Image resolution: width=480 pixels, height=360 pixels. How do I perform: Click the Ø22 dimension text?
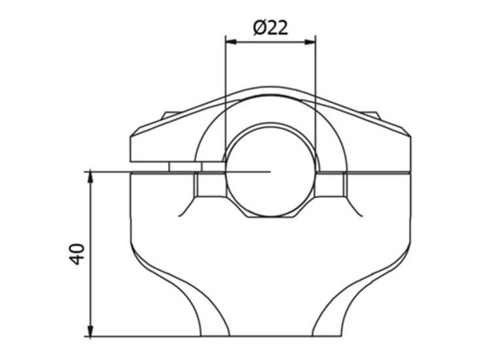[x=270, y=28]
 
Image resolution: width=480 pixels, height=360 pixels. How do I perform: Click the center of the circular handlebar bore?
[x=270, y=172]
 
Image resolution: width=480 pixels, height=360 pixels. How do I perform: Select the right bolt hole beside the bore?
[x=330, y=184]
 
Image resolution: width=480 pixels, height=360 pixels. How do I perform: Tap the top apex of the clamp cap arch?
[x=270, y=87]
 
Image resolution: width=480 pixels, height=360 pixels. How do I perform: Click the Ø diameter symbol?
[x=260, y=28]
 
